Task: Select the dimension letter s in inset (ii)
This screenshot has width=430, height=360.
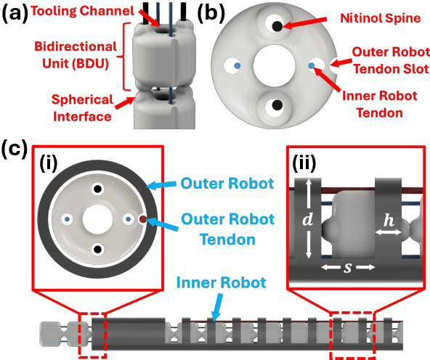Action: (x=348, y=267)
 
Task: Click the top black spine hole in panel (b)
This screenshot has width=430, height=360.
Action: (x=277, y=27)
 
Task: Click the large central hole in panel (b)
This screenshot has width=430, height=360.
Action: (x=276, y=67)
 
